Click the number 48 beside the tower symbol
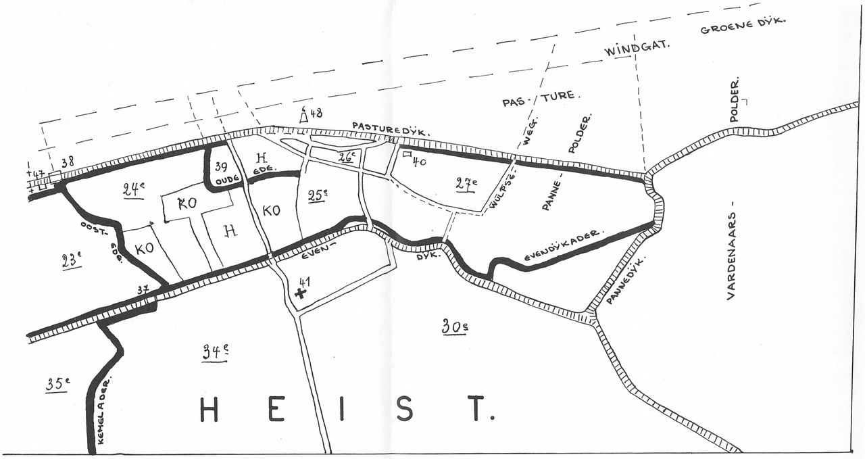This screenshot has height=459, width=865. point(316,114)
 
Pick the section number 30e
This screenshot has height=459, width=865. point(455,327)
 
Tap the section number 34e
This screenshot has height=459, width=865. point(215,352)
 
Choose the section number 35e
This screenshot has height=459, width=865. point(57,384)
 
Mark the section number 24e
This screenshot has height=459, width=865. point(133,190)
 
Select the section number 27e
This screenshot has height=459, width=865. point(466,183)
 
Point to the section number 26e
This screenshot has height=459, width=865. point(347,157)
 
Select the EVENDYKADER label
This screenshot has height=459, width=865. point(562,247)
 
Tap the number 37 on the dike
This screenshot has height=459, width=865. point(143,290)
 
